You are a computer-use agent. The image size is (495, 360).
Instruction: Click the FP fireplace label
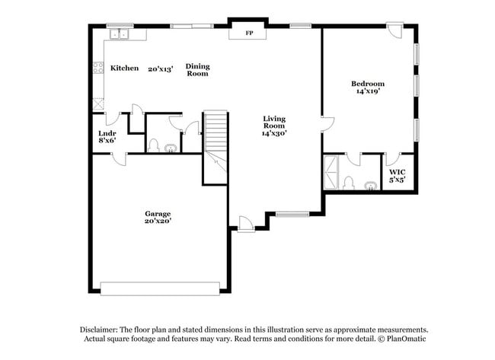[x=248, y=33]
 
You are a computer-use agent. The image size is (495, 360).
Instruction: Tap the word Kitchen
[x=124, y=68]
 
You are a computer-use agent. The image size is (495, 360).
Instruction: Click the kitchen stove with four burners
[x=98, y=68]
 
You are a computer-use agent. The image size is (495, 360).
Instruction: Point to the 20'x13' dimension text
[x=161, y=68]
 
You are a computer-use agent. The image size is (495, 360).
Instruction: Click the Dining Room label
[x=197, y=70]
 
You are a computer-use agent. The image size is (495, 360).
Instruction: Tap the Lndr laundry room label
[x=107, y=133]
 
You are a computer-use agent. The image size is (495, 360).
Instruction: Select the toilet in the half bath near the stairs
[x=153, y=145]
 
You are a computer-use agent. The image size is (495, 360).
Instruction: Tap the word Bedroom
[x=367, y=83]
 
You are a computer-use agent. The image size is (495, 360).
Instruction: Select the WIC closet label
[x=397, y=173]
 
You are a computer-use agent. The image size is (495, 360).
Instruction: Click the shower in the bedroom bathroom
[x=332, y=172]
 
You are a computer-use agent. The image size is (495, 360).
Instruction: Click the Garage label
[x=158, y=213]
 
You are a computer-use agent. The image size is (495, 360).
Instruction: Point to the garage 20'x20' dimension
[x=158, y=221]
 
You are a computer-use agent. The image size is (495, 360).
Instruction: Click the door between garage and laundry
[x=118, y=158]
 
